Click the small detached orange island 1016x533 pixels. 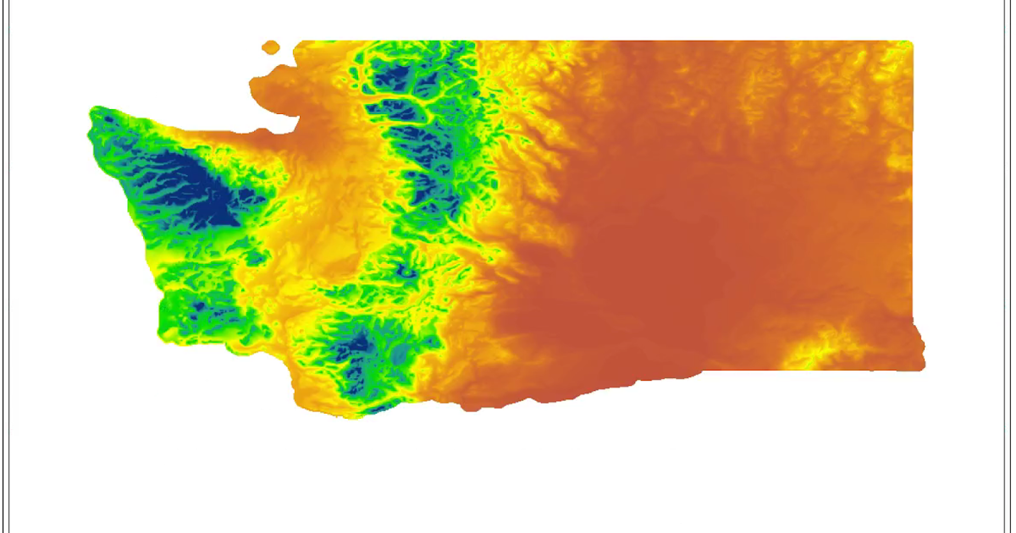click(x=271, y=47)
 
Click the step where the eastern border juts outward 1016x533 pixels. click(x=914, y=320)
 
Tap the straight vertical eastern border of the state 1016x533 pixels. click(x=912, y=186)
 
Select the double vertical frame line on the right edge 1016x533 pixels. click(x=1009, y=266)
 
